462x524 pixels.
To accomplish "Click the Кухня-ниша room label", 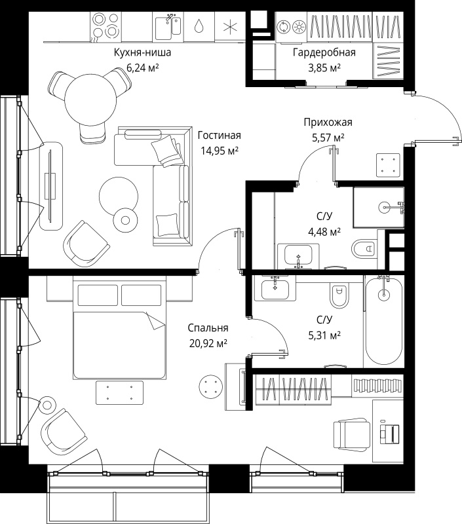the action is (142, 52).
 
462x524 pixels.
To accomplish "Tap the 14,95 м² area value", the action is (220, 151).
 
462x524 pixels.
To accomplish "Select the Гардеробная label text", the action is (324, 52).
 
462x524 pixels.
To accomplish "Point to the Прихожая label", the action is (328, 122).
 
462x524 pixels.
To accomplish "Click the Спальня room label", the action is (208, 328).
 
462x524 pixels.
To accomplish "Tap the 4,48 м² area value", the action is (324, 231).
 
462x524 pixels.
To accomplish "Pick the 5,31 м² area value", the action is (324, 335).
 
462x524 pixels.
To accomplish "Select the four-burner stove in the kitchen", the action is (106, 26).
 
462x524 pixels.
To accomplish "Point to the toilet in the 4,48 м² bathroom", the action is (364, 248).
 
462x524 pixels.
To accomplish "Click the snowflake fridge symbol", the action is (230, 27).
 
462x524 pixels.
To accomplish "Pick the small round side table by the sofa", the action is (125, 220).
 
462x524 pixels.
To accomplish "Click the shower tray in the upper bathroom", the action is (378, 207).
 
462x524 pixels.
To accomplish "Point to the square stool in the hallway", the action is (388, 164).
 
